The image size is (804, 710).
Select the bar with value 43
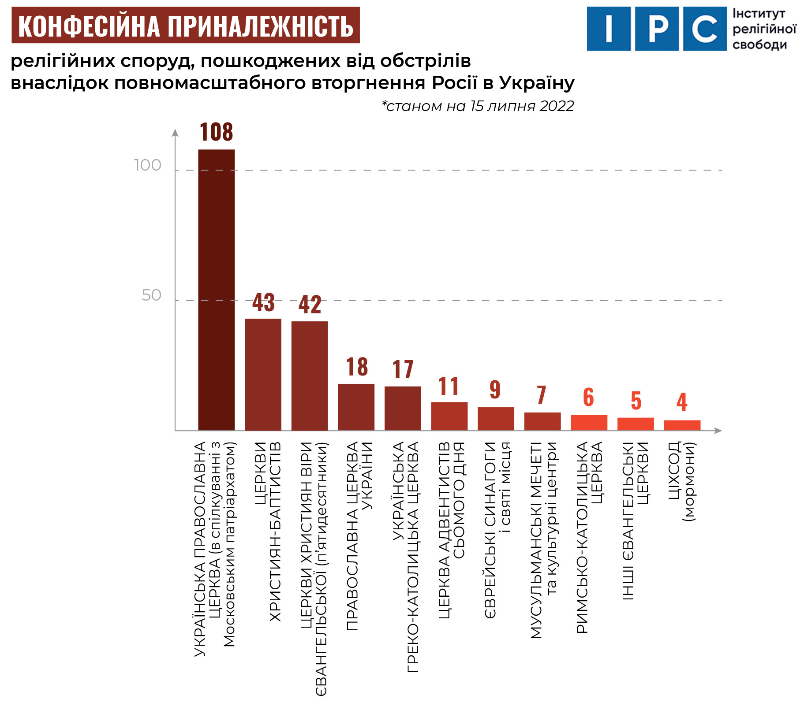click(263, 374)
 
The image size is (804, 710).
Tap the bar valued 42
click(310, 375)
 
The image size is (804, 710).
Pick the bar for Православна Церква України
click(356, 407)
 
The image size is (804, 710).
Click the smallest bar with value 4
click(682, 425)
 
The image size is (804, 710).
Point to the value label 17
click(403, 369)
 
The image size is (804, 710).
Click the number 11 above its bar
click(449, 386)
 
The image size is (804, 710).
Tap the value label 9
click(495, 390)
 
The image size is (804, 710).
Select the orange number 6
click(589, 397)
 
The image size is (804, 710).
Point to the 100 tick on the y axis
click(148, 165)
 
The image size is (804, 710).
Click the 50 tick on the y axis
click(151, 295)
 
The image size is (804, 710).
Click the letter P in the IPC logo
click(657, 29)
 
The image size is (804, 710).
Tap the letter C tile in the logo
click(704, 29)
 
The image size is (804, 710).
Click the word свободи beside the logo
click(759, 45)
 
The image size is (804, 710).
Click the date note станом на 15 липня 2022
click(478, 106)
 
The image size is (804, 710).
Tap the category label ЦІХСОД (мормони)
click(682, 480)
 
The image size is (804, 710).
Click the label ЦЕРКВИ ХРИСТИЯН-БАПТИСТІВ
click(268, 531)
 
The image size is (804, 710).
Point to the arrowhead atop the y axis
click(175, 133)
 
